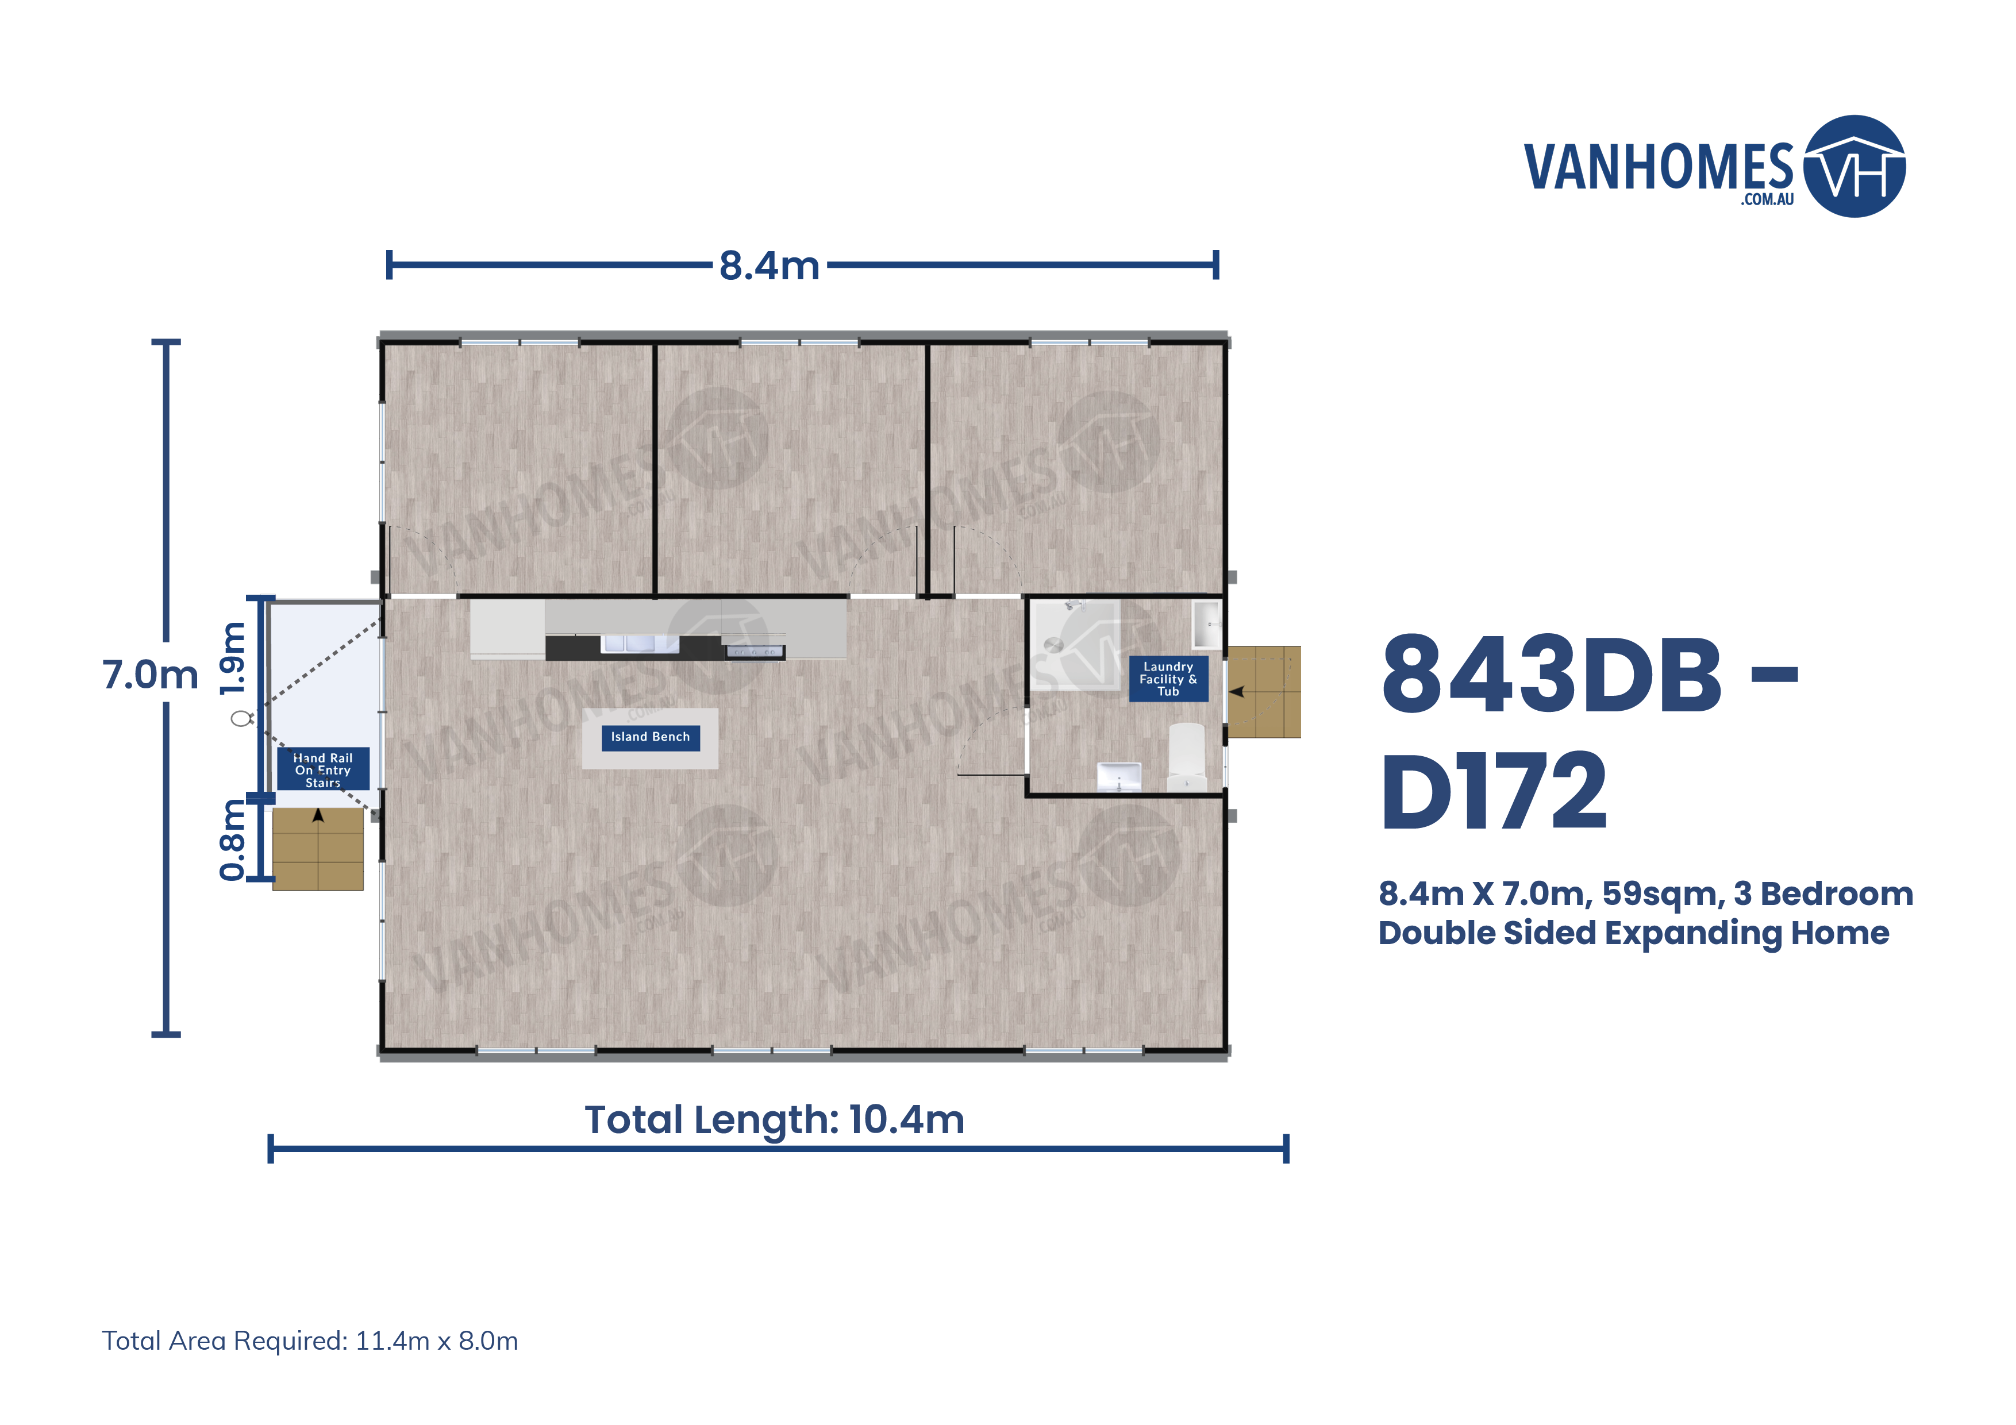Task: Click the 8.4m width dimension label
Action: click(769, 265)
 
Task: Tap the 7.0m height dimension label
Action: click(150, 675)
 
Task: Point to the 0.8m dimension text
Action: click(233, 839)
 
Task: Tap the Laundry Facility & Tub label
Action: click(1168, 679)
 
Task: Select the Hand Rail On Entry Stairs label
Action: click(322, 769)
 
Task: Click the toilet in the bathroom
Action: click(1186, 757)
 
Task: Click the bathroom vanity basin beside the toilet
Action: click(1119, 776)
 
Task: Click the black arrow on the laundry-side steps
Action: click(1237, 692)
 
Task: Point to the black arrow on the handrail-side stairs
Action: click(318, 816)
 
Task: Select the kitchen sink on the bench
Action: click(638, 644)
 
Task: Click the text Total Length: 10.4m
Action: click(775, 1119)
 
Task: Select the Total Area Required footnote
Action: click(310, 1341)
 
